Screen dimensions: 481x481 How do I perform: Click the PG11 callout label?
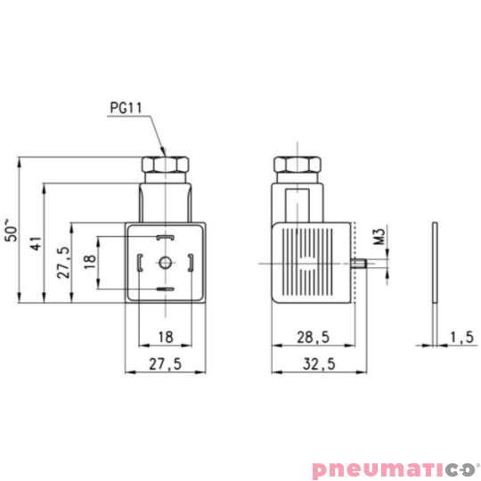(x=126, y=108)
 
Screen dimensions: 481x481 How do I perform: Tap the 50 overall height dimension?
(x=12, y=230)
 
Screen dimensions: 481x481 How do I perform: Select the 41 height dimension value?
(x=37, y=243)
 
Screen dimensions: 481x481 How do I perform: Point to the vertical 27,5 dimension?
(x=63, y=263)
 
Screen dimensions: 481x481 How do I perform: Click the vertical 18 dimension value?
(x=90, y=262)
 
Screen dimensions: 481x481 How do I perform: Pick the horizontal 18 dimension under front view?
(x=166, y=337)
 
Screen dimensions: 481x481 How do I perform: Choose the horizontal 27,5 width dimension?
(x=166, y=364)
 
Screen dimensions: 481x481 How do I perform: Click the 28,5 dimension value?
(x=314, y=338)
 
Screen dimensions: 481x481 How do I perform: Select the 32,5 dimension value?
(x=319, y=364)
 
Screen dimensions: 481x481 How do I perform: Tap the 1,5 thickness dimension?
(x=462, y=337)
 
